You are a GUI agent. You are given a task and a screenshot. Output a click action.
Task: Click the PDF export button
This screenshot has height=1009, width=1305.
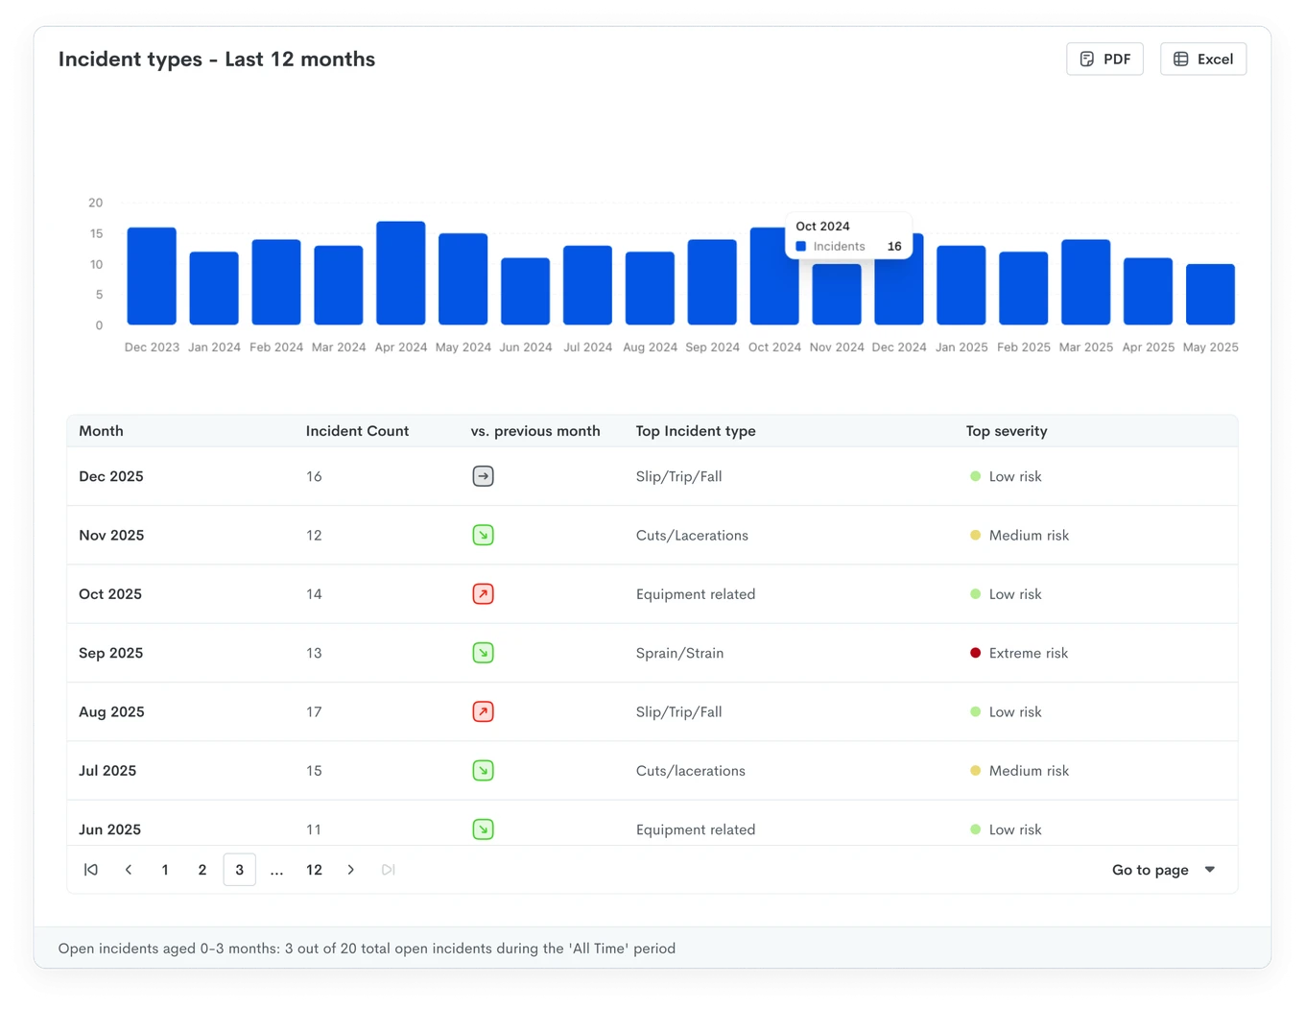[1103, 59]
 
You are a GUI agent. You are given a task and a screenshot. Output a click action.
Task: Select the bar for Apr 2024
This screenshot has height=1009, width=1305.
[400, 273]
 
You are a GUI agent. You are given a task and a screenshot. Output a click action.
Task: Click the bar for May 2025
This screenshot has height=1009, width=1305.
[1209, 295]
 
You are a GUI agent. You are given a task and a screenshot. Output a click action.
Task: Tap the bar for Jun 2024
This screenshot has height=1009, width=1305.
[525, 291]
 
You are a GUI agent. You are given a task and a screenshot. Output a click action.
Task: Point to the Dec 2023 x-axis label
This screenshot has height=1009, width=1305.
[152, 348]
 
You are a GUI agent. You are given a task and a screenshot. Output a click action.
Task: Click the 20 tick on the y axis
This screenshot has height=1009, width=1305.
[96, 203]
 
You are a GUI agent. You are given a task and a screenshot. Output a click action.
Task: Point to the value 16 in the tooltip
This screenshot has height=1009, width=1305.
[893, 246]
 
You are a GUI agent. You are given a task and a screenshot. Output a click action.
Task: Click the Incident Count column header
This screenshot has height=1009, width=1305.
[357, 431]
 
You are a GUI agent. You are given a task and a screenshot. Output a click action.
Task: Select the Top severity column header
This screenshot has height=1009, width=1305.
[1006, 431]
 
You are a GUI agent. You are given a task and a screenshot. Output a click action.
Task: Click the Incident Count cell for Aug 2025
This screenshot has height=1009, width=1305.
[314, 711]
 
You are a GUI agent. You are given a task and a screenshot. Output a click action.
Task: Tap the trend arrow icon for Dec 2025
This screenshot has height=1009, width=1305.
[483, 476]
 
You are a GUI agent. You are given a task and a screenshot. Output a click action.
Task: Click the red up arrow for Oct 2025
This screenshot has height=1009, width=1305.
[483, 594]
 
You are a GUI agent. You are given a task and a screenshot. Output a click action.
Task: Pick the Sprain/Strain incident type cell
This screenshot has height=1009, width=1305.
[679, 653]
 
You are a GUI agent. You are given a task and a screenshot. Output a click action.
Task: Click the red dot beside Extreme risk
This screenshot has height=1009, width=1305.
[975, 653]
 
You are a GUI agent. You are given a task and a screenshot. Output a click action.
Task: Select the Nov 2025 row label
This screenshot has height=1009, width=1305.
[111, 535]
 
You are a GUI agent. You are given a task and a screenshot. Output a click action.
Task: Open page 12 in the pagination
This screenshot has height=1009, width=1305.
[314, 870]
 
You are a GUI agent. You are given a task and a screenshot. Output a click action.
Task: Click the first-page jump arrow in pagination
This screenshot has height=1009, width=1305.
[91, 870]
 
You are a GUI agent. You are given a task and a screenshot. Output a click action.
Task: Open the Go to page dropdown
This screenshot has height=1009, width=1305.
[1163, 870]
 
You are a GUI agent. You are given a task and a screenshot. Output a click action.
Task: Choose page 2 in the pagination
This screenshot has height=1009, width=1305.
[202, 870]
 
